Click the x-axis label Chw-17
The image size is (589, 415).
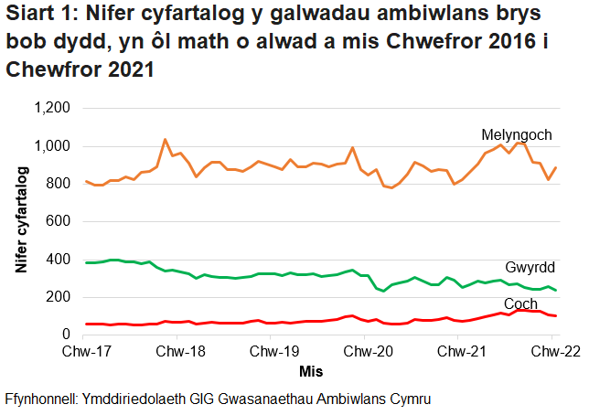click(84, 352)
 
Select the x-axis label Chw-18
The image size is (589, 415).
click(178, 352)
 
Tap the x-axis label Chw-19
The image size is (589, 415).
click(272, 352)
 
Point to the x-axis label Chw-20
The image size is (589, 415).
click(366, 352)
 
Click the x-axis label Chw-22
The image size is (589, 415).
click(552, 352)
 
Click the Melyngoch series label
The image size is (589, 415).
click(517, 135)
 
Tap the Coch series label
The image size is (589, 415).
click(521, 303)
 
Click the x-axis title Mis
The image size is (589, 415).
click(311, 371)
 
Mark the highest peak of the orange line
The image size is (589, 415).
click(165, 140)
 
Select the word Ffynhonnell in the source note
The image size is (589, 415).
click(42, 399)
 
